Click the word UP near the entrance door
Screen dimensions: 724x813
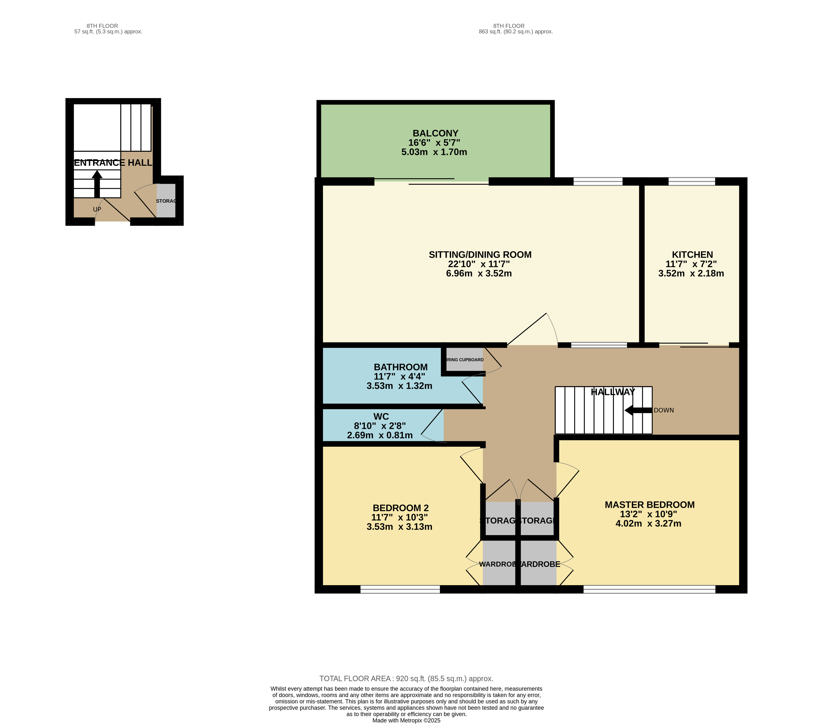[x=97, y=209]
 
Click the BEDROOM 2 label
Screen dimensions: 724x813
[x=401, y=508]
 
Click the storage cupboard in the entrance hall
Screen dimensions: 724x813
[x=166, y=201]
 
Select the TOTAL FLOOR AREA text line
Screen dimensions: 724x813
[x=406, y=679]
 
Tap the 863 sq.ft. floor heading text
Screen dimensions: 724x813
[x=516, y=32]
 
